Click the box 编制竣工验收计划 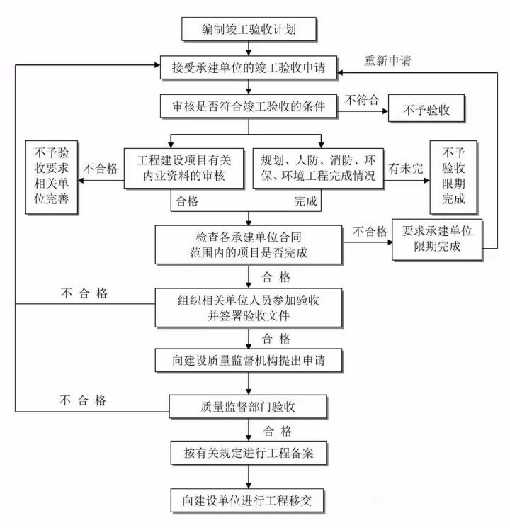(249, 30)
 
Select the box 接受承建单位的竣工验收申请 (249, 68)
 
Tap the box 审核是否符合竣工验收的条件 (249, 107)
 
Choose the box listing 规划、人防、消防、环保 (319, 168)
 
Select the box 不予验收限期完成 (454, 176)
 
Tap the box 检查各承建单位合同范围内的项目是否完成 (249, 243)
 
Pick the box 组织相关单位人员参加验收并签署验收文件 (249, 307)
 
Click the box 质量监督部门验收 (249, 405)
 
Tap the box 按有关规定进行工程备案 (249, 451)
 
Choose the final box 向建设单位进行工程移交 (249, 500)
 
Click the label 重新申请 (387, 60)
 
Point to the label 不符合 (361, 100)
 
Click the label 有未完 (405, 169)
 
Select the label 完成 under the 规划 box (306, 201)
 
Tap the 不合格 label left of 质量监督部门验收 (83, 400)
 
